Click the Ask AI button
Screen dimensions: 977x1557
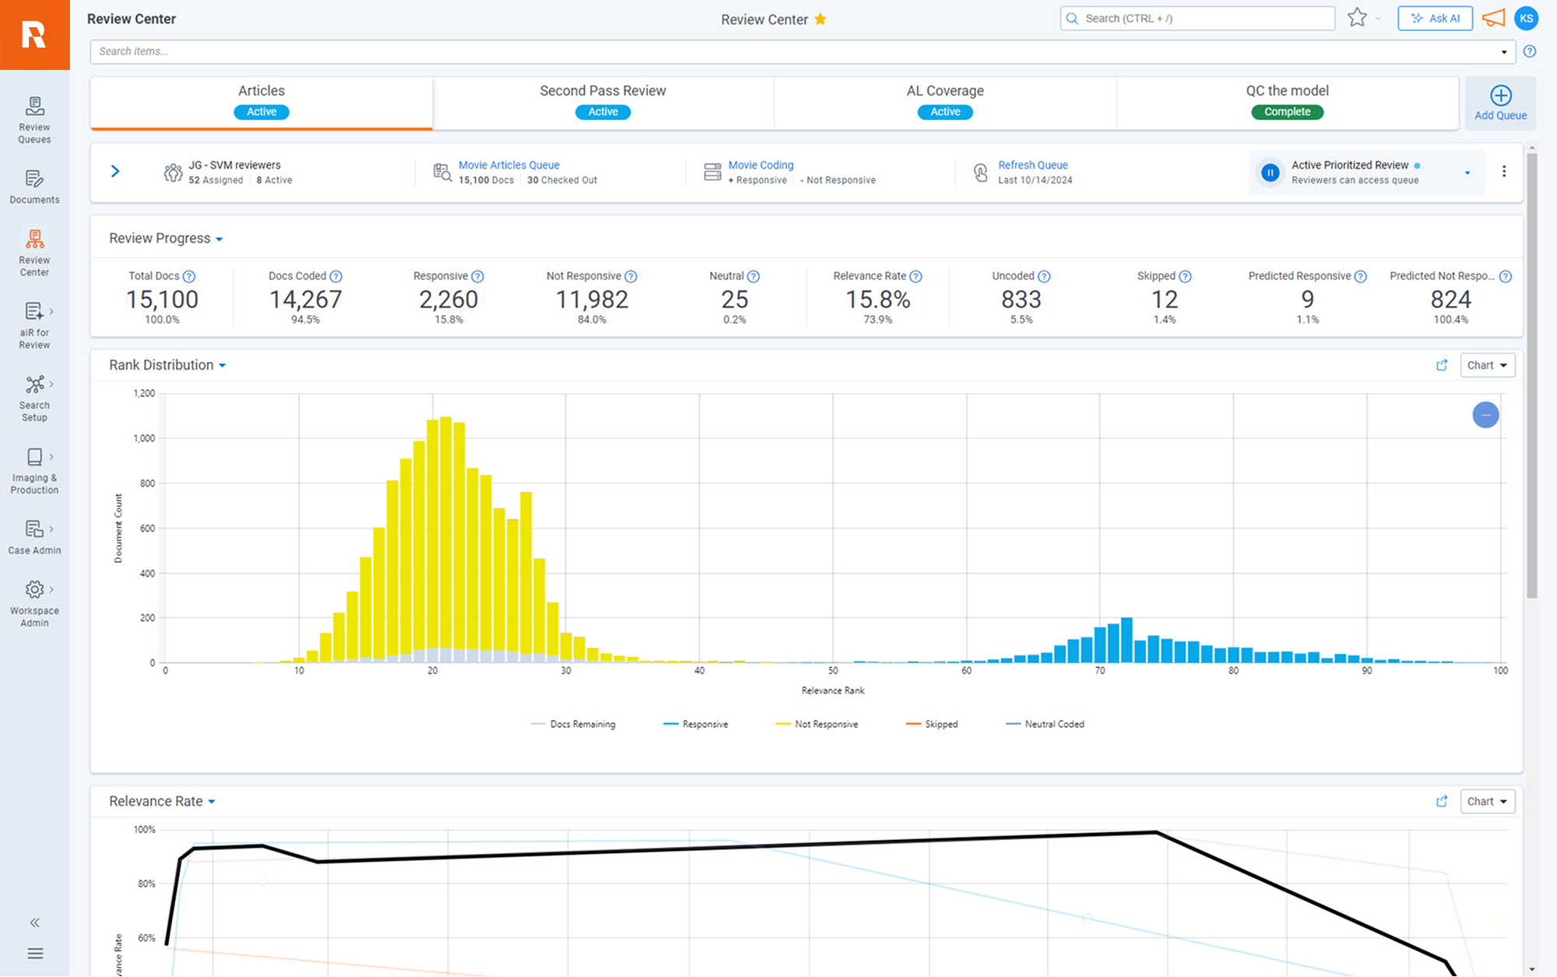point(1435,19)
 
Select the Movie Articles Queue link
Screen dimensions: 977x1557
point(508,165)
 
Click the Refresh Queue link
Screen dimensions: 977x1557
point(1032,165)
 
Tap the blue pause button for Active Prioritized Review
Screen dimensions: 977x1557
point(1270,172)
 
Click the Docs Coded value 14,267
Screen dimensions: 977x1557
point(305,300)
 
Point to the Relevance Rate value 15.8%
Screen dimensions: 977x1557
point(877,300)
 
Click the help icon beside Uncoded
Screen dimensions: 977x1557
point(1044,276)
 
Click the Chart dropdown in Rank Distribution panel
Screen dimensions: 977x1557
point(1487,365)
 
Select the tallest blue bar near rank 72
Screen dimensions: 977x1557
point(1126,640)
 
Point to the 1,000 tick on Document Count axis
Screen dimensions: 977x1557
point(144,438)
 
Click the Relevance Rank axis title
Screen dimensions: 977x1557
point(832,691)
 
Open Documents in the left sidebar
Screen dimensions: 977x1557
point(34,187)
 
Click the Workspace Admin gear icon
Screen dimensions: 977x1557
point(34,589)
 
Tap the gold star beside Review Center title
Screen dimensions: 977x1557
point(820,19)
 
